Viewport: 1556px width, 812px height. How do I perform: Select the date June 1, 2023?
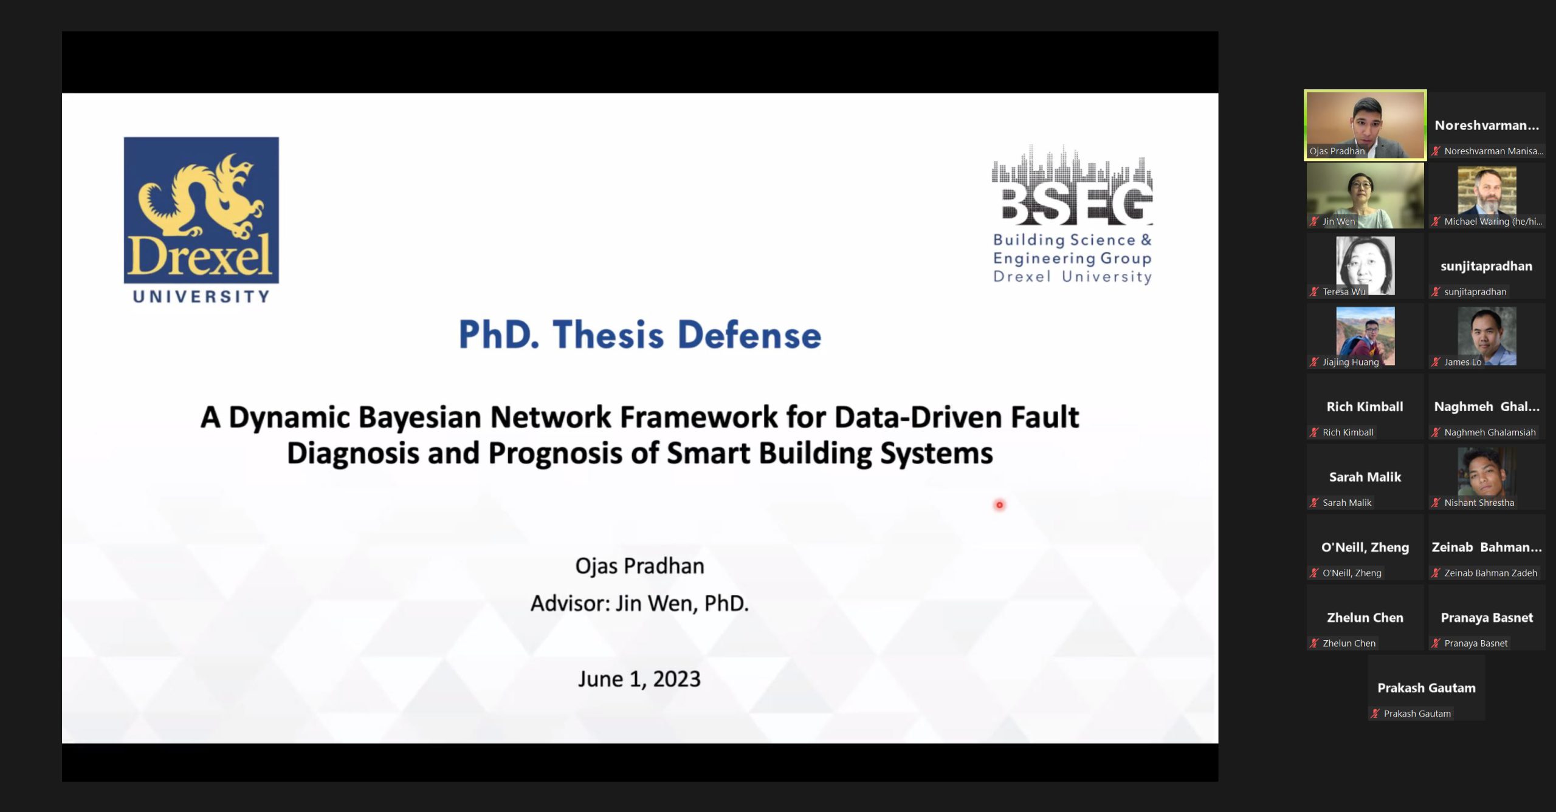(x=639, y=679)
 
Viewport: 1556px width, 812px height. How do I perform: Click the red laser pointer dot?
(x=999, y=505)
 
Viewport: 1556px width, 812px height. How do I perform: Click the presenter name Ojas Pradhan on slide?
(x=639, y=566)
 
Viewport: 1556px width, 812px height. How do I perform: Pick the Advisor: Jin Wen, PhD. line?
(x=639, y=604)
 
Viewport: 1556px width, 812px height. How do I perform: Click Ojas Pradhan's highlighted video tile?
(x=1365, y=125)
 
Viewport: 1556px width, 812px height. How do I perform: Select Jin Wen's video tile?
(x=1365, y=196)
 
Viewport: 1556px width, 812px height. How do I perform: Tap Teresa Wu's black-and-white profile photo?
(x=1365, y=265)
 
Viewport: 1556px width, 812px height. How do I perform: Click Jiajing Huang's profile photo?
(x=1365, y=336)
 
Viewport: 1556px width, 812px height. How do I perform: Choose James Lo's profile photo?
(x=1487, y=336)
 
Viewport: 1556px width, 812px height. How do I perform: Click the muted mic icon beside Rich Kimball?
(x=1314, y=432)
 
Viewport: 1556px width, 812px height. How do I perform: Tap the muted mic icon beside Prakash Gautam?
(x=1375, y=714)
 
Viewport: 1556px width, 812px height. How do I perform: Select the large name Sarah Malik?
(x=1365, y=477)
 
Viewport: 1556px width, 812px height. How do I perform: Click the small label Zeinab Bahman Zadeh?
(x=1490, y=573)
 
